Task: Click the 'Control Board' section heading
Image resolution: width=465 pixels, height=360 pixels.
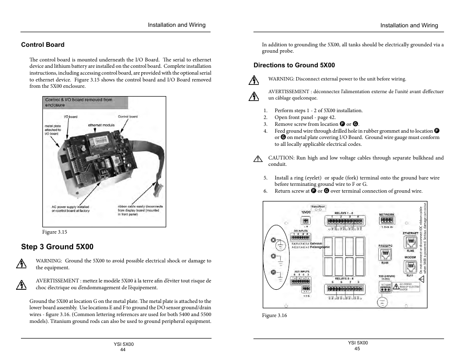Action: tap(42, 45)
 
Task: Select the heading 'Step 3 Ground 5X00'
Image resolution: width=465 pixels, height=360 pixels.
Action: tap(57, 247)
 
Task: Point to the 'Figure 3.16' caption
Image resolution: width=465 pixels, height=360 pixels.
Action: tap(274, 316)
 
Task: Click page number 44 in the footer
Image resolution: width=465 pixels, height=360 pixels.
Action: tap(123, 350)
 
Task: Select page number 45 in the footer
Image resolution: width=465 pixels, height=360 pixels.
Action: tap(357, 348)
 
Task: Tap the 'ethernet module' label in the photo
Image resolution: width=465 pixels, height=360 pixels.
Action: tap(101, 125)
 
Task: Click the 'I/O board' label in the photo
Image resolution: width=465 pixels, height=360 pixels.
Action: tap(71, 117)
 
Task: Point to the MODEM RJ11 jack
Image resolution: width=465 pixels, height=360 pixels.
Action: tap(410, 266)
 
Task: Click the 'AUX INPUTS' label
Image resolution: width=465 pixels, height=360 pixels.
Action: tap(301, 272)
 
